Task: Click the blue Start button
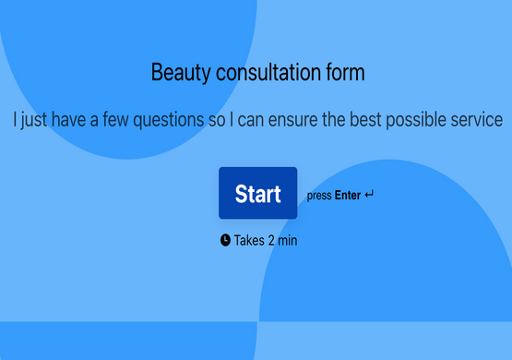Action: [x=257, y=193]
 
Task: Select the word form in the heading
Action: [x=348, y=72]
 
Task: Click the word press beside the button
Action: [x=319, y=196]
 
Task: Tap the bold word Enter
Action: [x=348, y=196]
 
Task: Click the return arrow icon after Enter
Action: [x=370, y=195]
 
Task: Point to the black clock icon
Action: [x=225, y=240]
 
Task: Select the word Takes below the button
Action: [x=249, y=241]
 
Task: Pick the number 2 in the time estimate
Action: [x=271, y=241]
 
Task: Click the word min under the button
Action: [x=288, y=241]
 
